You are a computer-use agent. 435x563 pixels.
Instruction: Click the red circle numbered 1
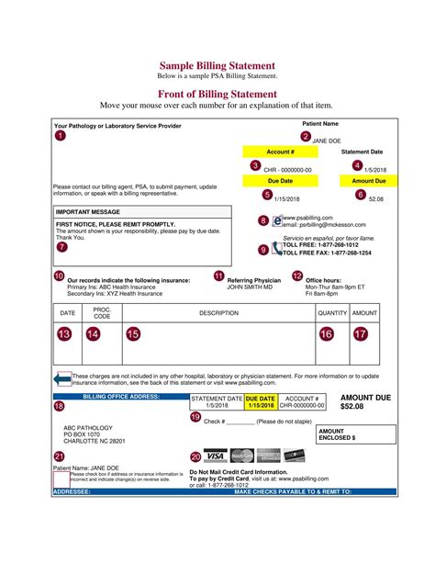click(x=61, y=136)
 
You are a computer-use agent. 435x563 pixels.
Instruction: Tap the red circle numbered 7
click(x=61, y=246)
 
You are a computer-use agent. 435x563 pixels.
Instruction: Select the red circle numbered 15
click(x=133, y=335)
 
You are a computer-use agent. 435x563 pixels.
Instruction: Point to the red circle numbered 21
click(x=60, y=456)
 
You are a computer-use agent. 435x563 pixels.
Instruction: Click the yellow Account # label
click(x=280, y=152)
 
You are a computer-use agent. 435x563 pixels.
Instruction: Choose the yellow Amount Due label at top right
click(x=368, y=181)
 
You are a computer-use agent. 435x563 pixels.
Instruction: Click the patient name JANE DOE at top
click(x=328, y=141)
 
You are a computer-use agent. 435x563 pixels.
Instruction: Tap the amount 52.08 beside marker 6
click(x=375, y=198)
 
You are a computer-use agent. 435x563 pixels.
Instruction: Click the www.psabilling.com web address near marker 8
click(x=309, y=217)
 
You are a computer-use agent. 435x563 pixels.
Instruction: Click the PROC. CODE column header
click(x=101, y=313)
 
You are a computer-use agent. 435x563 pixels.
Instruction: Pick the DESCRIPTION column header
click(x=217, y=313)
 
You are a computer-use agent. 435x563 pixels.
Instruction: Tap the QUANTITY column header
click(x=332, y=313)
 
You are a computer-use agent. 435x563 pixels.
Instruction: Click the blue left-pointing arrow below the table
click(x=62, y=377)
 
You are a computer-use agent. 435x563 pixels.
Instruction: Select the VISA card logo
click(x=215, y=456)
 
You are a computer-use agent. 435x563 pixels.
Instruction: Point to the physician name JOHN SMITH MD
click(x=250, y=287)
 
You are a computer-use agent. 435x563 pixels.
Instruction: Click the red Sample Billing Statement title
click(x=217, y=65)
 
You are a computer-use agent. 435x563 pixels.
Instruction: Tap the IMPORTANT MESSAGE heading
click(x=87, y=211)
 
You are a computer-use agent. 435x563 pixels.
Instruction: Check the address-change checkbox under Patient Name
click(x=60, y=476)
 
